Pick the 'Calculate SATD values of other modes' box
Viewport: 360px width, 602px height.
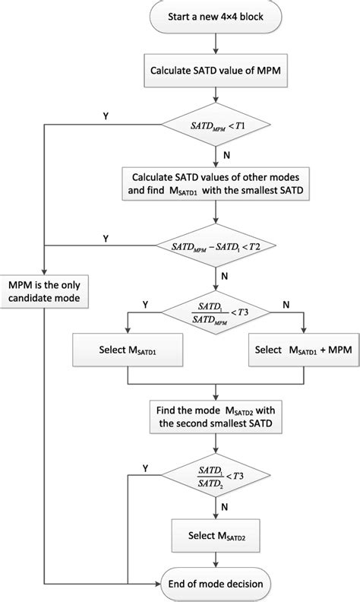(x=217, y=183)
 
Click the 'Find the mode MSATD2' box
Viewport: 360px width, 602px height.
(x=217, y=415)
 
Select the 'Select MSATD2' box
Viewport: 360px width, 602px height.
(x=217, y=536)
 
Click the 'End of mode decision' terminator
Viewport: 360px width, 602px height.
(x=217, y=585)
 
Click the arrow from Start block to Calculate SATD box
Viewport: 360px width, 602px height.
(x=217, y=46)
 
